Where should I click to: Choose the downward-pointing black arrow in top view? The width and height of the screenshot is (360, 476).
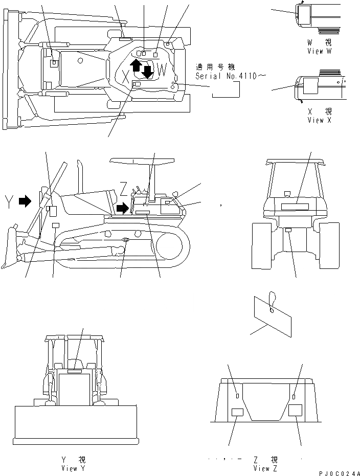[147, 72]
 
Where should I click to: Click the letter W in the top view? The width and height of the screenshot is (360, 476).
[162, 69]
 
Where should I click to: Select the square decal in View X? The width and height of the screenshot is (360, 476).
[311, 86]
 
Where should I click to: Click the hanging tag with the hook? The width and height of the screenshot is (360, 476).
[273, 312]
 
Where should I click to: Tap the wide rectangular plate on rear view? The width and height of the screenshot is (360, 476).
[295, 207]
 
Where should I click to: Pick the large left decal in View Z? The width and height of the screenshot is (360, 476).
[237, 413]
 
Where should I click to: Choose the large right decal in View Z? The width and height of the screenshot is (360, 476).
[296, 412]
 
